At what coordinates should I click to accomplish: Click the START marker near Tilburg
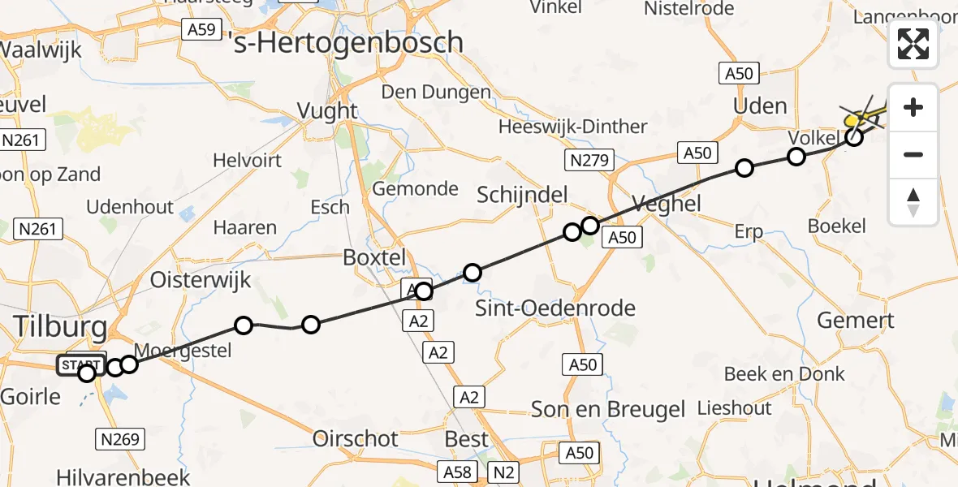81,365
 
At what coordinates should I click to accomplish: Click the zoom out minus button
913,154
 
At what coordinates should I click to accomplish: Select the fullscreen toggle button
913,44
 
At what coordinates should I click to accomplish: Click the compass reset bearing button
913,201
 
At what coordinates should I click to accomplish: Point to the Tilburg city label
60,328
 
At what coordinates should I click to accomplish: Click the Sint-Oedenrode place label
555,308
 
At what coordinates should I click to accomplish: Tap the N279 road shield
589,160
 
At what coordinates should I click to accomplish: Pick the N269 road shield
121,440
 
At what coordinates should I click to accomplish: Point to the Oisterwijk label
201,281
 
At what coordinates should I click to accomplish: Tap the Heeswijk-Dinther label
573,127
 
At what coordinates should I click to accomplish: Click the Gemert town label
856,321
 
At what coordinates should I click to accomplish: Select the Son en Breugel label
606,409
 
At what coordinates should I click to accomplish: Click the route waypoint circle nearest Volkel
796,157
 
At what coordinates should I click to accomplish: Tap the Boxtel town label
374,257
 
